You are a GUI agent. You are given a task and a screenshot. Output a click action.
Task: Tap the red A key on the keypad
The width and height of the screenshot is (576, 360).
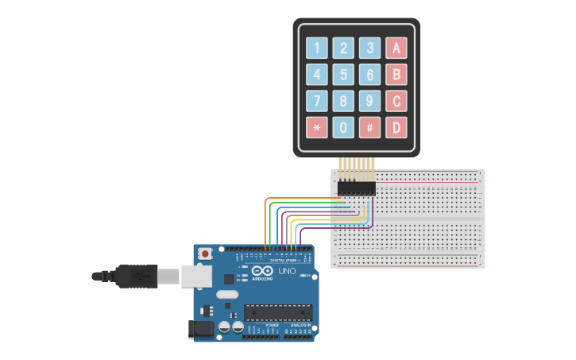click(396, 48)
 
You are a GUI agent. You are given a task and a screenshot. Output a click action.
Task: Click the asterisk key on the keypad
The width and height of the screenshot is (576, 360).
click(318, 127)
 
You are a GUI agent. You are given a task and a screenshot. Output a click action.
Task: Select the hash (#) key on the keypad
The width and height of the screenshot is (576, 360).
click(369, 127)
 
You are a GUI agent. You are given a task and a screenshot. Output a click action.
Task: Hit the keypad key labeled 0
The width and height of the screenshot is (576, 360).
click(343, 127)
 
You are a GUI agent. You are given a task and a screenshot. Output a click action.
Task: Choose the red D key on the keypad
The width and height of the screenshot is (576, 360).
click(396, 127)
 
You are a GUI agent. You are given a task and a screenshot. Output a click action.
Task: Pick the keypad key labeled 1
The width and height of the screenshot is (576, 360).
click(318, 48)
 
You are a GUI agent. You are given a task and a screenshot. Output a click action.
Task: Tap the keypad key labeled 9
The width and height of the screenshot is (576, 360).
click(369, 101)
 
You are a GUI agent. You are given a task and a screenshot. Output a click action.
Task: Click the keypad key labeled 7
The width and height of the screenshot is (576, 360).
click(318, 101)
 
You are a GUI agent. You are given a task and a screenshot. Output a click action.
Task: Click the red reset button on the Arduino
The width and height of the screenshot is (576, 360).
click(205, 254)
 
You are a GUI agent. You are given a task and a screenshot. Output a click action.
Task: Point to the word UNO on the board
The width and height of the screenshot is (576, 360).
click(287, 272)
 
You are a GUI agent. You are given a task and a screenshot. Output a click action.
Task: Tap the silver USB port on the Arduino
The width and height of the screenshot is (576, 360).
click(195, 276)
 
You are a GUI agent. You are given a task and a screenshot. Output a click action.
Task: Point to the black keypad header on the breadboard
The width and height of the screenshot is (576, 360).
click(356, 188)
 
